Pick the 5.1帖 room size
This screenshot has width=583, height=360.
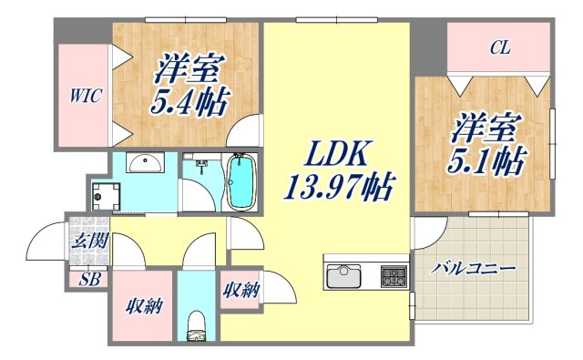click(486, 163)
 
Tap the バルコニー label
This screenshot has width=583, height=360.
click(474, 269)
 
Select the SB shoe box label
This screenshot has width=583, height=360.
click(89, 280)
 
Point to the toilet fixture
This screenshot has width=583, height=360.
click(195, 327)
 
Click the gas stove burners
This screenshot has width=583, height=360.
click(395, 274)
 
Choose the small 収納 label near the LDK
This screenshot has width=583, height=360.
click(242, 291)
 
